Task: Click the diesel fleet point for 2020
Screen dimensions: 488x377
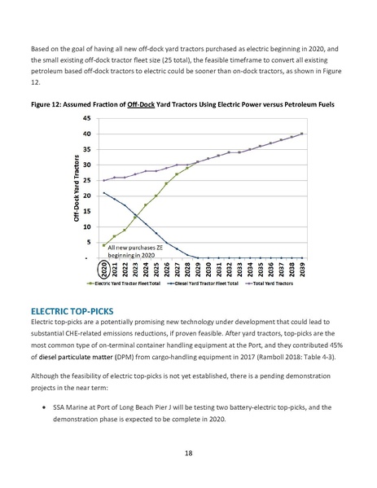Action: pyautogui.click(x=103, y=193)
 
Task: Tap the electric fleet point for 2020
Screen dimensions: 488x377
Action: pyautogui.click(x=103, y=244)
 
